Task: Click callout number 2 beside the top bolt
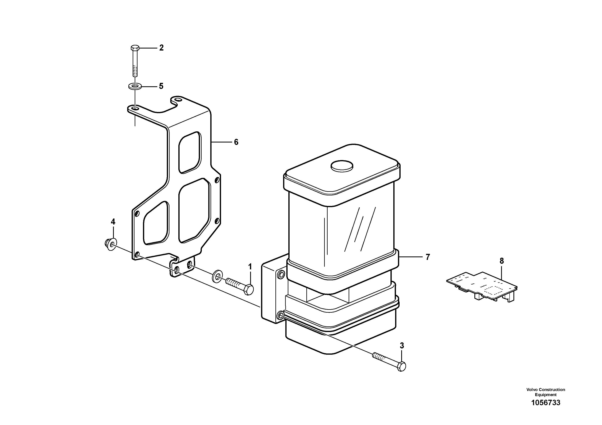(161, 48)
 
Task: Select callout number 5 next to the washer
(161, 86)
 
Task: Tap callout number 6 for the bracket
(236, 142)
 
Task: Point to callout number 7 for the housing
(428, 257)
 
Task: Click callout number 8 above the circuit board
(501, 261)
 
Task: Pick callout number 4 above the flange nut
(113, 222)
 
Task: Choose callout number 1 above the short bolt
(250, 267)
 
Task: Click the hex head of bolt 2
(134, 48)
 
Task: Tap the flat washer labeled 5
(135, 86)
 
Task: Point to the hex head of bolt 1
(249, 290)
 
